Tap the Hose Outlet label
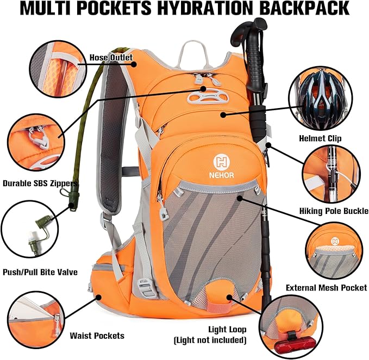(111, 58)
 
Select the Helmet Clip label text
(320, 138)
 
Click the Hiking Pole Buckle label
(334, 211)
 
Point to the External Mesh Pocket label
(327, 288)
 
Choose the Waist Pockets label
(97, 336)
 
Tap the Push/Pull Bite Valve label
(40, 272)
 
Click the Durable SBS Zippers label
(40, 183)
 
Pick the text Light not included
(210, 340)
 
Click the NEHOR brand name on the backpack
(221, 175)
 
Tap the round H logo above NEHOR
(221, 162)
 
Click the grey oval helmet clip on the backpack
(208, 97)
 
